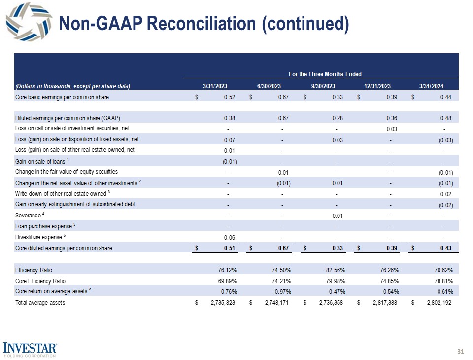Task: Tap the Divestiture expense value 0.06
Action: [229, 237]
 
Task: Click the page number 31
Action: [461, 351]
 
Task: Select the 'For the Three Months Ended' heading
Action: [325, 74]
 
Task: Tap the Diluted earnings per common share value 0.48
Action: [446, 118]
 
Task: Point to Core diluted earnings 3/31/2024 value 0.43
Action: [445, 248]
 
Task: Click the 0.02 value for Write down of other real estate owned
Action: [446, 194]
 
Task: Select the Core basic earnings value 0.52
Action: [229, 97]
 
